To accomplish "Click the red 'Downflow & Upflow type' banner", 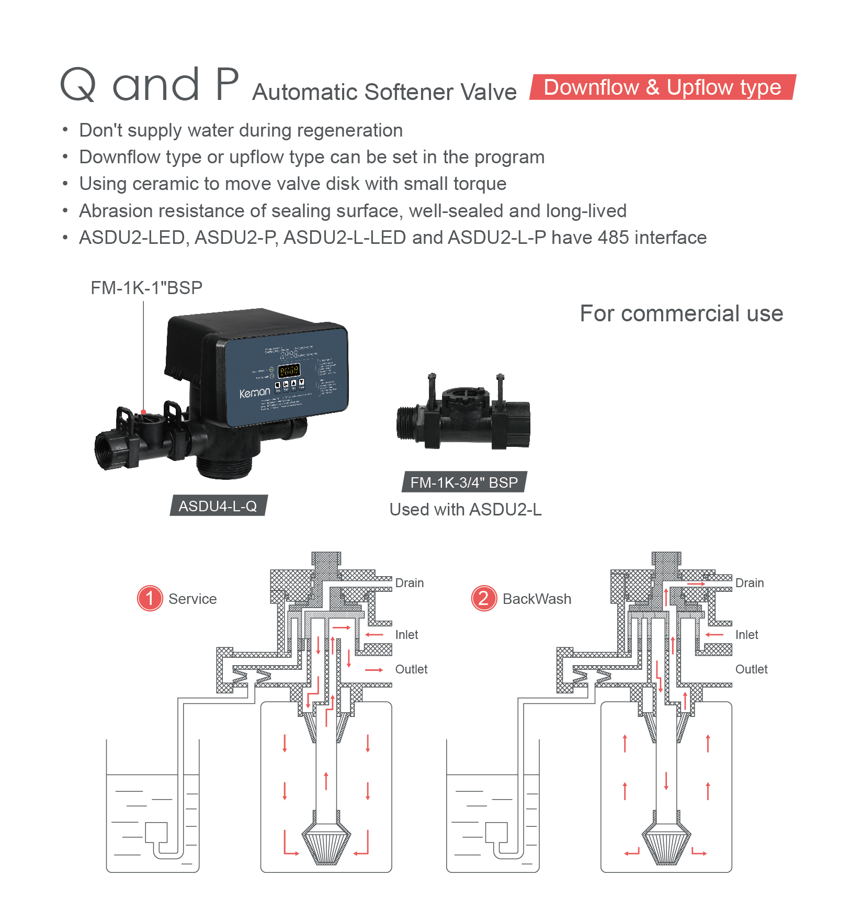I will (x=662, y=87).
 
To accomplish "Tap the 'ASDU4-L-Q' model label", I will (x=218, y=506).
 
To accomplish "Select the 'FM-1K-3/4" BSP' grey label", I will (x=464, y=482).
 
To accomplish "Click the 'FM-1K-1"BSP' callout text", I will (x=146, y=288).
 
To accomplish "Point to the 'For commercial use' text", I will (x=681, y=313).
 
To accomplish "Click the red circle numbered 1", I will (x=150, y=598).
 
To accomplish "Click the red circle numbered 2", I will (x=484, y=598).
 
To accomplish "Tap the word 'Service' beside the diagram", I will (x=192, y=599).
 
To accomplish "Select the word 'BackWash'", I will (x=537, y=599).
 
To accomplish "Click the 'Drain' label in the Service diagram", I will (x=409, y=583).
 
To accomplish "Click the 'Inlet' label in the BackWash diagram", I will (x=746, y=635).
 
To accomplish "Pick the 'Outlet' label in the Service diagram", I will (x=411, y=669).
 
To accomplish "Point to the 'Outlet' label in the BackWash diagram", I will (x=751, y=669).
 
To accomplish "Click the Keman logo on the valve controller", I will (x=254, y=392).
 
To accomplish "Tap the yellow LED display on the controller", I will (x=289, y=371).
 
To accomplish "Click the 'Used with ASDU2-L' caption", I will (x=466, y=509).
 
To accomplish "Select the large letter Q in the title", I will (x=78, y=85).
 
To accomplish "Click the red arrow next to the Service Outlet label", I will (x=374, y=670).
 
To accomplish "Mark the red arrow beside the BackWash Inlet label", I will (x=714, y=635).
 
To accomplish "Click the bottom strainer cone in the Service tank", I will (x=326, y=844).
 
